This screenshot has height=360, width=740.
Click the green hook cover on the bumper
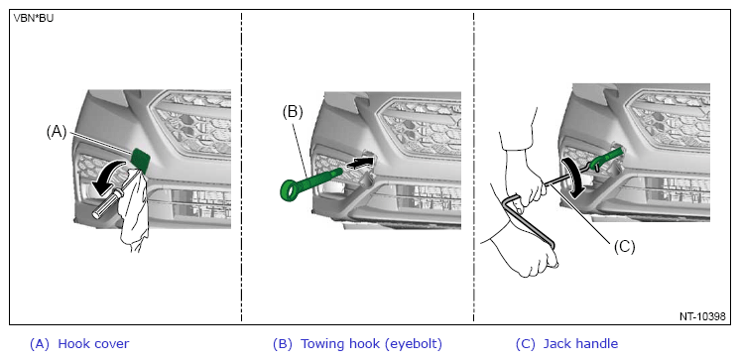(141, 159)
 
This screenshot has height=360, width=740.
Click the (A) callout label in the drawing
(57, 132)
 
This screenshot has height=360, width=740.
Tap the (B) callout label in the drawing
(293, 111)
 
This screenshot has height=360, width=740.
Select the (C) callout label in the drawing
(624, 246)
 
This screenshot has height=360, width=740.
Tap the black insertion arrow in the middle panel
(360, 163)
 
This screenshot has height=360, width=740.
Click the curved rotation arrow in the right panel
(572, 176)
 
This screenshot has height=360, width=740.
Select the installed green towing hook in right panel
(606, 158)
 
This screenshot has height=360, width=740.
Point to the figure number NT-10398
(702, 316)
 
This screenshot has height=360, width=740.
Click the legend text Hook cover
(93, 343)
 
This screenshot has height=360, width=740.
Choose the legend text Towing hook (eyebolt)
(371, 344)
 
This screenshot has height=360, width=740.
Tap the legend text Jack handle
(580, 343)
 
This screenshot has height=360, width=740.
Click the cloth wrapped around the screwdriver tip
(133, 207)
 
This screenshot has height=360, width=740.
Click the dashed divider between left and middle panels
(242, 168)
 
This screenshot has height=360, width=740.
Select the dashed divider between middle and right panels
(474, 168)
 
